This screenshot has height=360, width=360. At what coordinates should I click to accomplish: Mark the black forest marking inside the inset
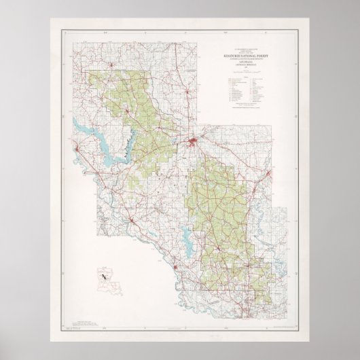tap(103, 276)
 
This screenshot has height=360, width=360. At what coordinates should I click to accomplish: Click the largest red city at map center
tap(194, 143)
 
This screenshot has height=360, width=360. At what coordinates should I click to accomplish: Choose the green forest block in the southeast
tap(217, 204)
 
